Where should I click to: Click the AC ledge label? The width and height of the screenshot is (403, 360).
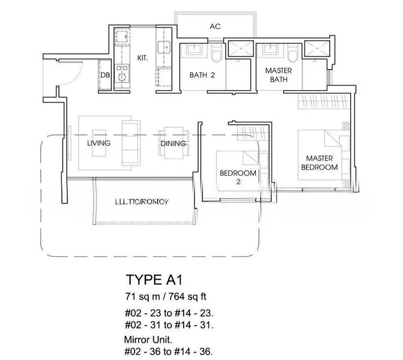click(215, 26)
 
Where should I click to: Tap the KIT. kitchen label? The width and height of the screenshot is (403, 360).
click(143, 58)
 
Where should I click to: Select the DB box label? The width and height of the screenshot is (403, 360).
click(105, 75)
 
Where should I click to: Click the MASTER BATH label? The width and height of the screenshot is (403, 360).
click(278, 75)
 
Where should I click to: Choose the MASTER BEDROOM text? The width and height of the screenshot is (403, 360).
click(319, 163)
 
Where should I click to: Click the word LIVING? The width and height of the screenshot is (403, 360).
click(98, 143)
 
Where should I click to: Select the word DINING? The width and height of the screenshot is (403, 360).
click(173, 143)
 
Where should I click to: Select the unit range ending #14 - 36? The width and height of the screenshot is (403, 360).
click(169, 351)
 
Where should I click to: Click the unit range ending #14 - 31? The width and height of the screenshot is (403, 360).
click(169, 325)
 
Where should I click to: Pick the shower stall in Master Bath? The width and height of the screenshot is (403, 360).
click(315, 50)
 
